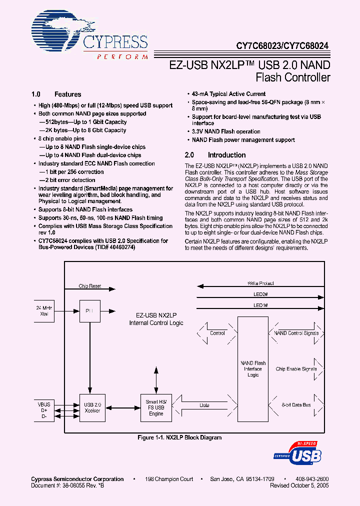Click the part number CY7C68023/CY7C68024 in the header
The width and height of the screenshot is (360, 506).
click(282, 44)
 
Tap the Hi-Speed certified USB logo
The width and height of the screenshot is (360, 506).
click(298, 453)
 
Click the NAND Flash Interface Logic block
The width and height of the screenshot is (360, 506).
click(253, 369)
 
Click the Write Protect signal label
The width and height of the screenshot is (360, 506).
click(260, 283)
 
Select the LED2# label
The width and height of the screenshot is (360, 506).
click(260, 294)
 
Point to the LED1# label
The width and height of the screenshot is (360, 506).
click(260, 305)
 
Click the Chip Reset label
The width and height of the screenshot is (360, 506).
click(90, 286)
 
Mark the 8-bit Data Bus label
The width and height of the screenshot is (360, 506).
click(296, 405)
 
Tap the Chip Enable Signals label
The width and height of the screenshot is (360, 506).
click(296, 369)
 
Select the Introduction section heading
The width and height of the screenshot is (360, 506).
click(226, 155)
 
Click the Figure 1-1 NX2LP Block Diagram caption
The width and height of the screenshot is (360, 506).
click(179, 437)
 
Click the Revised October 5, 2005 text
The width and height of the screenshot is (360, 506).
click(299, 485)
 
